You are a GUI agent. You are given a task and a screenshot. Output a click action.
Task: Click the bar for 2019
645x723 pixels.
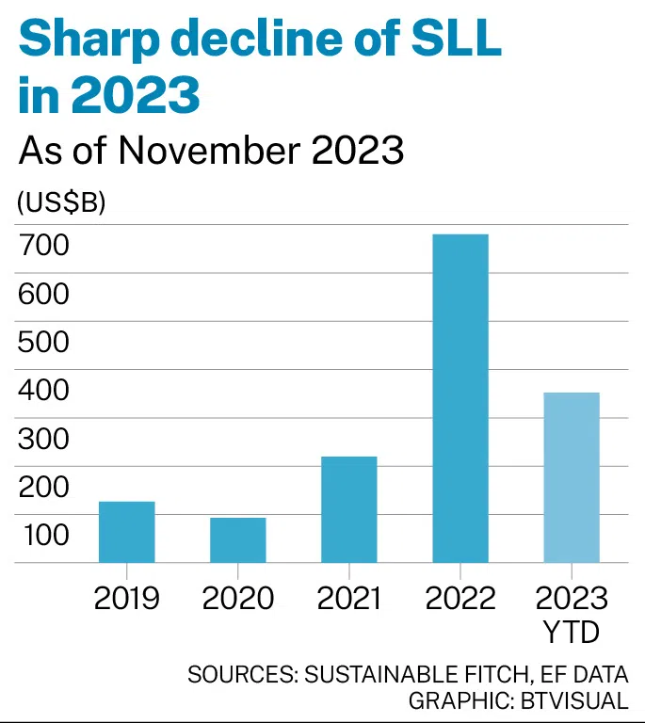127,532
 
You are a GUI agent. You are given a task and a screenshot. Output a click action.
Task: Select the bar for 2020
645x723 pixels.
237,540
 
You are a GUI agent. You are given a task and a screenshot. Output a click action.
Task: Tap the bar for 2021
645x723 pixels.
348,509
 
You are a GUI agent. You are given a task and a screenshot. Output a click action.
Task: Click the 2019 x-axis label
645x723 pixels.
127,598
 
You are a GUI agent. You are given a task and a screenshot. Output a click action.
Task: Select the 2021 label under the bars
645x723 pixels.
348,598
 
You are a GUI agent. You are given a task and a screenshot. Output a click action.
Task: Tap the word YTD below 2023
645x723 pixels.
572,632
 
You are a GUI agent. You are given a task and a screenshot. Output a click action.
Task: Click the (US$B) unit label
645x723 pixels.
60,201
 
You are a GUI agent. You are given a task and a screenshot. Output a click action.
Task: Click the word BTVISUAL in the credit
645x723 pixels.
575,701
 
